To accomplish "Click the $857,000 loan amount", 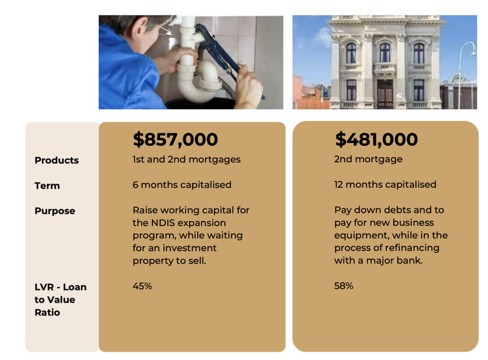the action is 175,139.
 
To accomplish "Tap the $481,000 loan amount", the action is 376,139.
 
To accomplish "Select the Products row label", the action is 57,160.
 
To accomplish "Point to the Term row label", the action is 47,185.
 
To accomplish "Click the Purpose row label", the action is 55,211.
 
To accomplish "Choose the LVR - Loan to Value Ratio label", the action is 61,299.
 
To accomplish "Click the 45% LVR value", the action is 142,286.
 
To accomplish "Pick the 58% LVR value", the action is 344,286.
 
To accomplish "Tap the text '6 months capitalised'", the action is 182,185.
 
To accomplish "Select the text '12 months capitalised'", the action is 385,185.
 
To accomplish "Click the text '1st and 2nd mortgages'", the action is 186,159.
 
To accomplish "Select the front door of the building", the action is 385,94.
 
